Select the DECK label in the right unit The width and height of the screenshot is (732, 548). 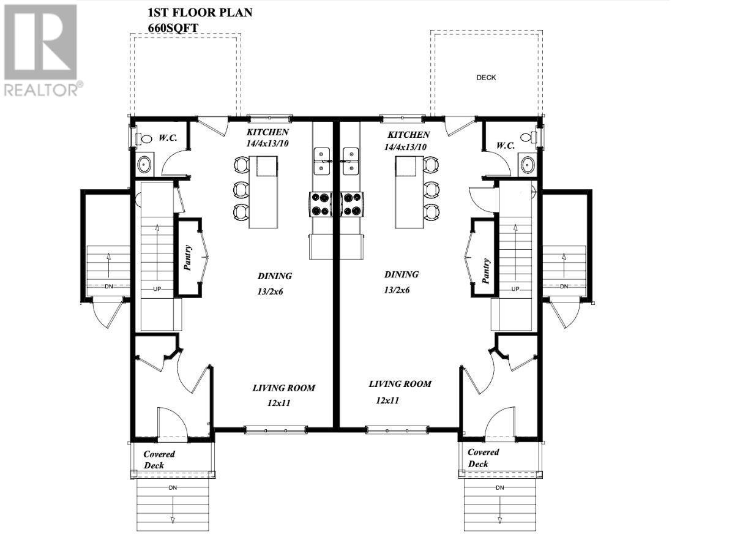click(x=486, y=78)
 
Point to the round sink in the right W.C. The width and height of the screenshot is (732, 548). click(x=528, y=163)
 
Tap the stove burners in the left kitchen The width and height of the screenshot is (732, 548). click(x=319, y=204)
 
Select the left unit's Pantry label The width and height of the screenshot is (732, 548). click(x=188, y=258)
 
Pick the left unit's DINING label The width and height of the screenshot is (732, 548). click(x=274, y=276)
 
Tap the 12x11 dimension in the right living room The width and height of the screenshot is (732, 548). click(x=387, y=400)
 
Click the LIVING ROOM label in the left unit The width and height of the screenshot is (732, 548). click(x=284, y=388)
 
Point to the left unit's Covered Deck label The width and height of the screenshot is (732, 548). click(x=159, y=459)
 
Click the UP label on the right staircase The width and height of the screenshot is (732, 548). click(x=515, y=289)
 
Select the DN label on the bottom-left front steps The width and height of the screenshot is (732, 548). click(x=173, y=487)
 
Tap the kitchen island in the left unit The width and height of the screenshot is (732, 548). click(x=266, y=192)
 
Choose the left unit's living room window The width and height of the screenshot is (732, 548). click(x=275, y=430)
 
